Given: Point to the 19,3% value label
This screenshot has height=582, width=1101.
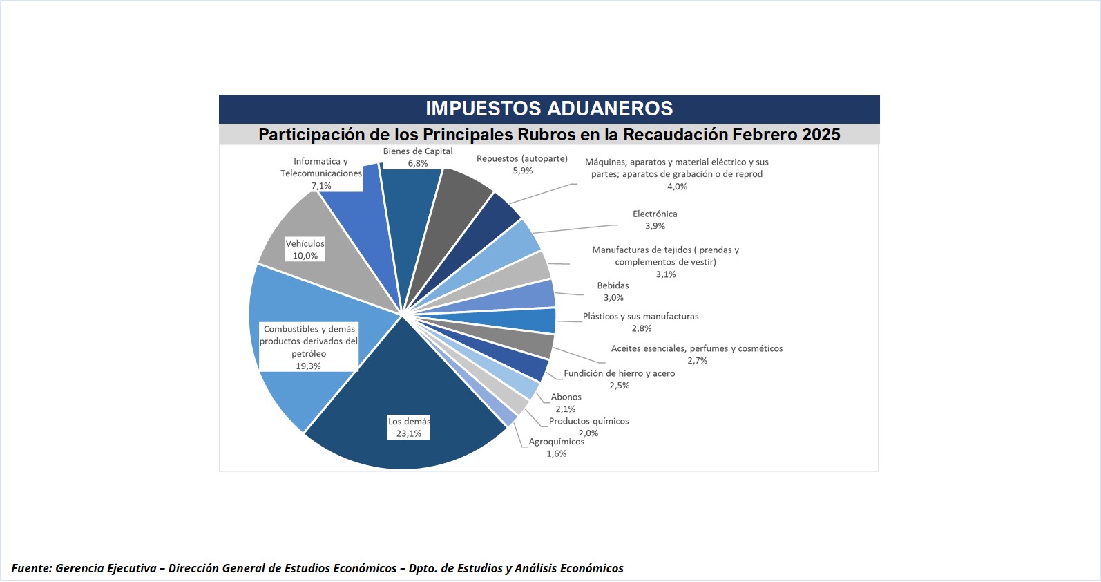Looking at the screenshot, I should pyautogui.click(x=309, y=366).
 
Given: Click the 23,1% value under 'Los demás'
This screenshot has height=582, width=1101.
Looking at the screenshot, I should pyautogui.click(x=409, y=434).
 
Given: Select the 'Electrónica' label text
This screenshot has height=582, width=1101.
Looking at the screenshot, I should pyautogui.click(x=655, y=214).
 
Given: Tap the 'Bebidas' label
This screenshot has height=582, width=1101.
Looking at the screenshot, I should pyautogui.click(x=613, y=285).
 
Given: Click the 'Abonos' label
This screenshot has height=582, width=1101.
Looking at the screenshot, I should pyautogui.click(x=566, y=397).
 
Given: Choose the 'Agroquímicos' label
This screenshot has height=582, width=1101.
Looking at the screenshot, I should pyautogui.click(x=556, y=442).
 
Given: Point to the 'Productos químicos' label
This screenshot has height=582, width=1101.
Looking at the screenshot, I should pyautogui.click(x=589, y=421).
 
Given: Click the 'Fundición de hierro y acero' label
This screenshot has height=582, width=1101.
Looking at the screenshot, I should pyautogui.click(x=620, y=373).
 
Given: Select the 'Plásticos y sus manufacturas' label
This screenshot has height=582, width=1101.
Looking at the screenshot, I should pyautogui.click(x=641, y=317).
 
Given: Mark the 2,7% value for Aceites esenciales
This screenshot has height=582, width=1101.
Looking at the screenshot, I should pyautogui.click(x=698, y=361).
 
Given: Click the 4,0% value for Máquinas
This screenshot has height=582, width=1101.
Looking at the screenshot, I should pyautogui.click(x=678, y=187).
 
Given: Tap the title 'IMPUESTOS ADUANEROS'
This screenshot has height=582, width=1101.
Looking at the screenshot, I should pyautogui.click(x=549, y=109).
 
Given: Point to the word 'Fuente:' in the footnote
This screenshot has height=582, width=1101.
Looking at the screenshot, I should pyautogui.click(x=32, y=568).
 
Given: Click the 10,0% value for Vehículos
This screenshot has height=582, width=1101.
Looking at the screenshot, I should pyautogui.click(x=305, y=256).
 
